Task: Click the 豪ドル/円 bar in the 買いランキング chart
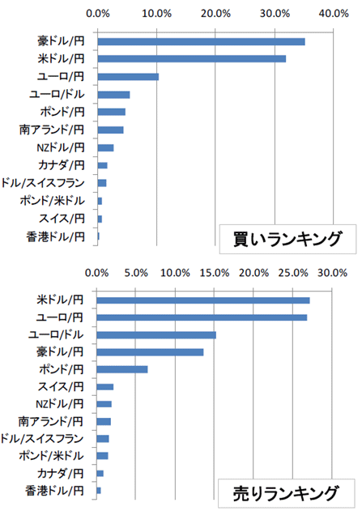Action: pos(201,42)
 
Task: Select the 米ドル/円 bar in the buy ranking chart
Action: pos(191,59)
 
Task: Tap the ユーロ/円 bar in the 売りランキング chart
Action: pos(202,317)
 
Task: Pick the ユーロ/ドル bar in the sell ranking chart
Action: pos(156,335)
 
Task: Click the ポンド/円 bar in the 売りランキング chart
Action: pos(121,369)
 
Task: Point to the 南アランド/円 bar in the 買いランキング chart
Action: pos(110,130)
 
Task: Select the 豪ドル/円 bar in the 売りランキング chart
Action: pos(150,352)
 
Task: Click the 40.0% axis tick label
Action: pos(334,14)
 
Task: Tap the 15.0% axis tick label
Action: pos(214,273)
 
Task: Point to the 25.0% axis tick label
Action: pos(293,273)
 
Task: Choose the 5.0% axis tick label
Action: pos(136,273)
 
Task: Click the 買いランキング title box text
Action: pos(287,239)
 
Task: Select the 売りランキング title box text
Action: pos(286,494)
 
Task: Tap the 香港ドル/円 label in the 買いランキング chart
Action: pos(55,236)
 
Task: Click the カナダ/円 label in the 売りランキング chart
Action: pos(60,473)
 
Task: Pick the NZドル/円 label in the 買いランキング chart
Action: pos(61,147)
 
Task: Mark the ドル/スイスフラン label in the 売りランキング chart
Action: pos(42,439)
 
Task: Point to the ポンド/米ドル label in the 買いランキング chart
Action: pos(52,200)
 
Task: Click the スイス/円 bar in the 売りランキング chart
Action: pos(104,387)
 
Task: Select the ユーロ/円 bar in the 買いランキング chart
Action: pos(128,77)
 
